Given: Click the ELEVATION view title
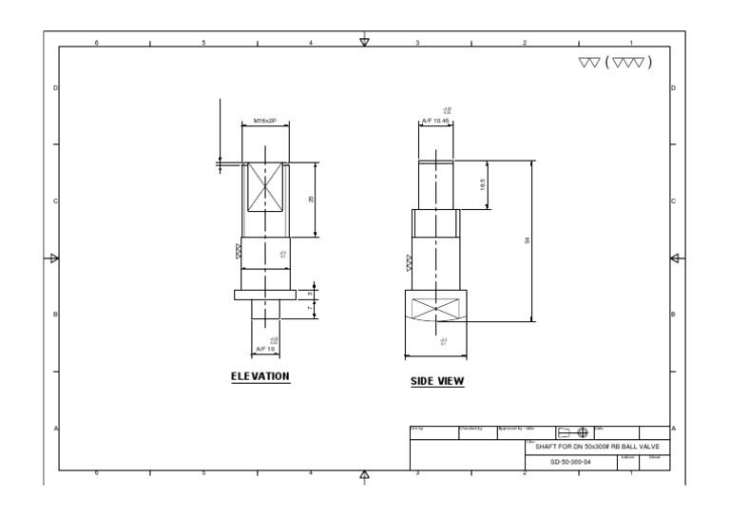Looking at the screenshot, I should click(x=260, y=376).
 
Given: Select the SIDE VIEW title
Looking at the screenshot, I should click(x=437, y=382).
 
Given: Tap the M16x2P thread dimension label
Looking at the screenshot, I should click(x=266, y=121).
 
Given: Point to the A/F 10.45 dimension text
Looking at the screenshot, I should click(x=435, y=121).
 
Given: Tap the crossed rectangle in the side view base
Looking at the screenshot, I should click(x=434, y=309).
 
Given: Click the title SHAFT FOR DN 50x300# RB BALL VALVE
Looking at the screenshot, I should click(x=597, y=447).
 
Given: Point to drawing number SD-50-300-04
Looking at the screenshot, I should click(x=570, y=462).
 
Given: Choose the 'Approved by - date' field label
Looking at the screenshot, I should click(x=517, y=429).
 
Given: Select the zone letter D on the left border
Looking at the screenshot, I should click(x=55, y=87).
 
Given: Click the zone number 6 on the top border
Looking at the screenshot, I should click(x=96, y=43).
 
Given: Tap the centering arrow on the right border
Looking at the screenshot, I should click(x=676, y=258).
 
